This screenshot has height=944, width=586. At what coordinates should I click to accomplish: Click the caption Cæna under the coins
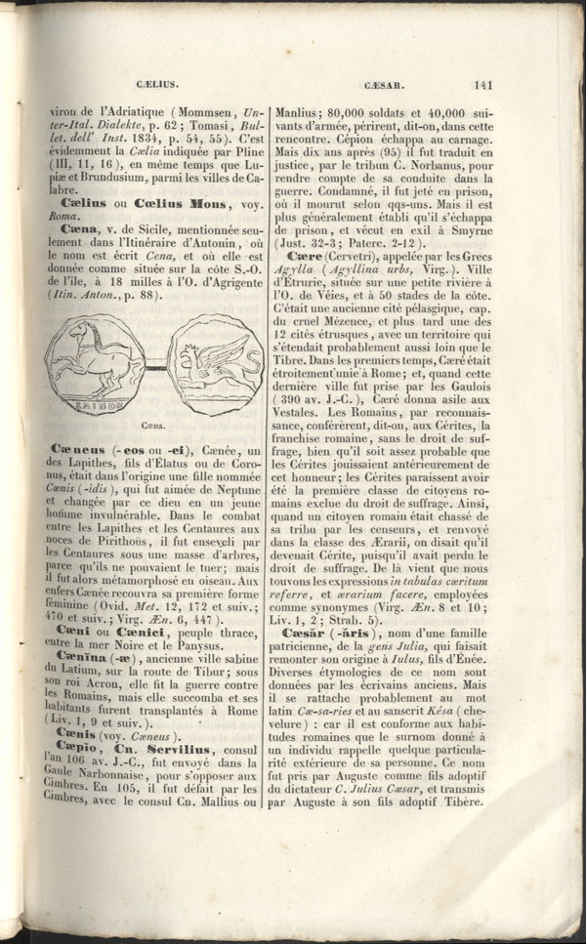click(151, 425)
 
